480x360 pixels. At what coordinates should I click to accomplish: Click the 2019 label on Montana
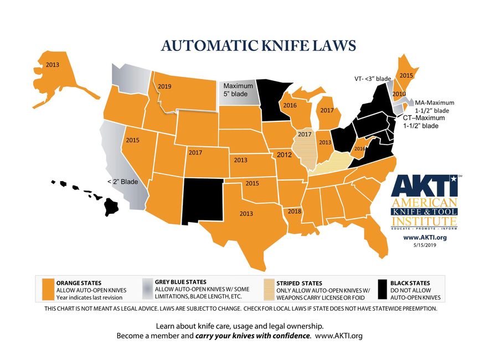[x=164, y=87]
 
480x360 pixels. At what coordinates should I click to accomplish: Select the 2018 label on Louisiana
[x=294, y=212]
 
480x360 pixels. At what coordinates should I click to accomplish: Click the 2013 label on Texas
[x=247, y=213]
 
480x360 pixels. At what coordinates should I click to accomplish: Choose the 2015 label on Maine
[x=406, y=75]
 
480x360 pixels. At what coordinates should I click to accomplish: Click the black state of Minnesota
[x=272, y=100]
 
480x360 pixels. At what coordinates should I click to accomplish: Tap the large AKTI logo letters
[x=424, y=187]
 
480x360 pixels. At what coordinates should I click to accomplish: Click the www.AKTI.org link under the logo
[x=425, y=236]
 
